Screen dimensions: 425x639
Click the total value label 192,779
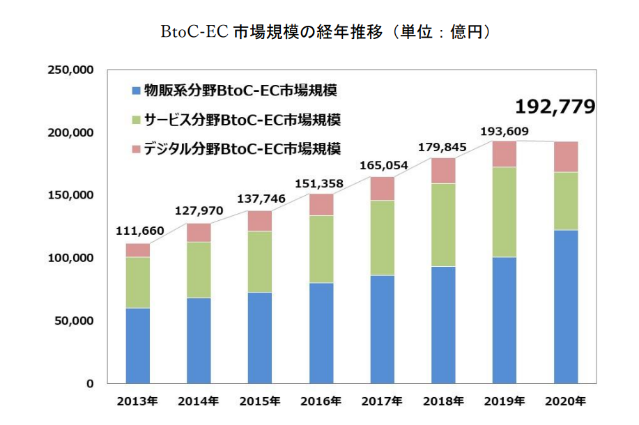click(x=555, y=107)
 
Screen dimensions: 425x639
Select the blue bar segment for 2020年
click(x=566, y=307)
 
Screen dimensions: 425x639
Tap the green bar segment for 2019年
click(x=505, y=212)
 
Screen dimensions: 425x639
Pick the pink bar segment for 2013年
click(x=138, y=250)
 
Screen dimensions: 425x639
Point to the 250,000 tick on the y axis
click(x=70, y=70)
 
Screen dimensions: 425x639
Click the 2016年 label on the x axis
click(x=321, y=401)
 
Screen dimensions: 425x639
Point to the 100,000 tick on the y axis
click(x=70, y=258)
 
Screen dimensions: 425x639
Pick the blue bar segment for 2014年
click(x=199, y=341)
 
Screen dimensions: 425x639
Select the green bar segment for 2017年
click(x=382, y=238)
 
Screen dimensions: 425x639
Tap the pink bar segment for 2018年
click(x=443, y=171)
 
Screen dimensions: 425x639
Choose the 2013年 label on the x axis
click(x=137, y=401)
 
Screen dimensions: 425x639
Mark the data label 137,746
click(x=260, y=199)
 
